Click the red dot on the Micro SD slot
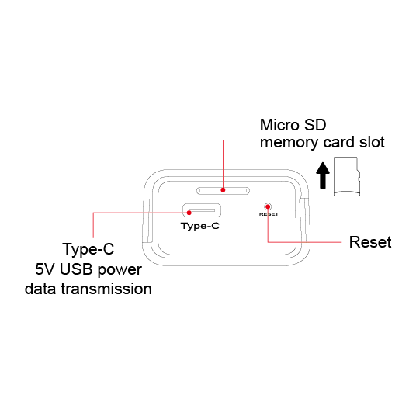[223, 190]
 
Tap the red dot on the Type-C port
[189, 213]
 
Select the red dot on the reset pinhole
[268, 206]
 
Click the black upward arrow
[323, 175]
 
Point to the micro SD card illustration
[347, 176]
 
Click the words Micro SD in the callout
[293, 125]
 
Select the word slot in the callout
[372, 142]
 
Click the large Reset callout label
[370, 242]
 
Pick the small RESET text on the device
[269, 214]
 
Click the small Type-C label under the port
[200, 226]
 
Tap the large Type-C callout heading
[88, 249]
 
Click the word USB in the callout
[76, 269]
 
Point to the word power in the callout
[120, 270]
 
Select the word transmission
[106, 289]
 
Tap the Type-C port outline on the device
[202, 210]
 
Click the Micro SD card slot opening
[223, 190]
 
